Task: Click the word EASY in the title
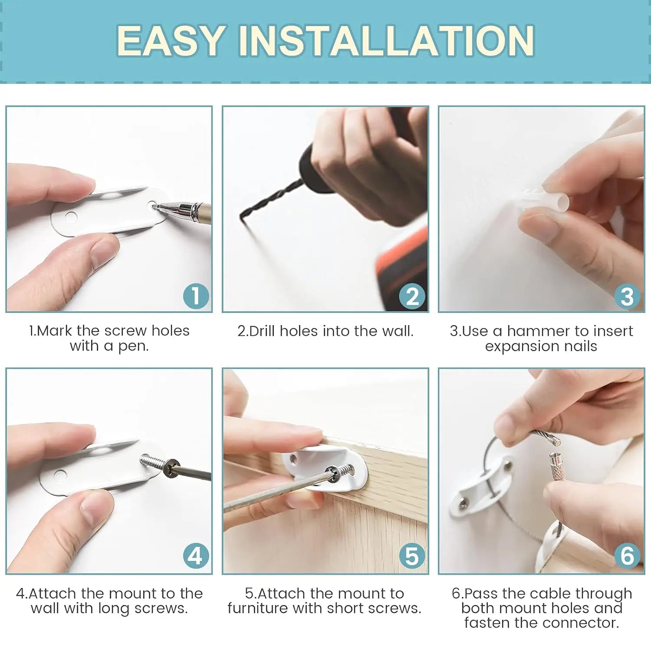[x=171, y=40]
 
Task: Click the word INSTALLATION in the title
[x=386, y=40]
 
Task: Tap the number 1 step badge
[x=196, y=296]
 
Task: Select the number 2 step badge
[x=412, y=296]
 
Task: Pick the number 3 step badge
[x=627, y=297]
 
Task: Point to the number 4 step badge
[x=196, y=556]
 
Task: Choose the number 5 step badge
[x=412, y=556]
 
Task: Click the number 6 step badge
[x=627, y=556]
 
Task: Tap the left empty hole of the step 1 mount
[x=70, y=217]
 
